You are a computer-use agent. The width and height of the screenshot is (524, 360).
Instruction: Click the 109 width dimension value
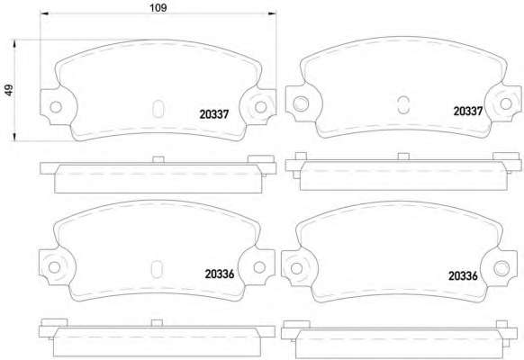pyautogui.click(x=158, y=7)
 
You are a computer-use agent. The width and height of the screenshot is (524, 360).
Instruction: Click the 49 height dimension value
pyautogui.click(x=9, y=90)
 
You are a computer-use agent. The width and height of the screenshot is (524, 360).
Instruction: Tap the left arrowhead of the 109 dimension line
pyautogui.click(x=44, y=13)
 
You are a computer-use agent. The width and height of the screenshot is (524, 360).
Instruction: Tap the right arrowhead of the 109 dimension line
pyautogui.click(x=273, y=13)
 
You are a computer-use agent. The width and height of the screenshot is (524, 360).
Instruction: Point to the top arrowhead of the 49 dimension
pyautogui.click(x=14, y=44)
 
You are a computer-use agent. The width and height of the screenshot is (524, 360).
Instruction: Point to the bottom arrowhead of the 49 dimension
pyautogui.click(x=14, y=137)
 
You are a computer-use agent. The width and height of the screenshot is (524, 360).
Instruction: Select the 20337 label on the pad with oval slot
pyautogui.click(x=214, y=114)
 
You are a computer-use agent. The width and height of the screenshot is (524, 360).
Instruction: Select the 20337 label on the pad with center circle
pyautogui.click(x=468, y=111)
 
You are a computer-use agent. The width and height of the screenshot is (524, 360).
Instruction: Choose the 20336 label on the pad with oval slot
pyautogui.click(x=220, y=274)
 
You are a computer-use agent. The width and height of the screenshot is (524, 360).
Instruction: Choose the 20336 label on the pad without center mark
pyautogui.click(x=463, y=275)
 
